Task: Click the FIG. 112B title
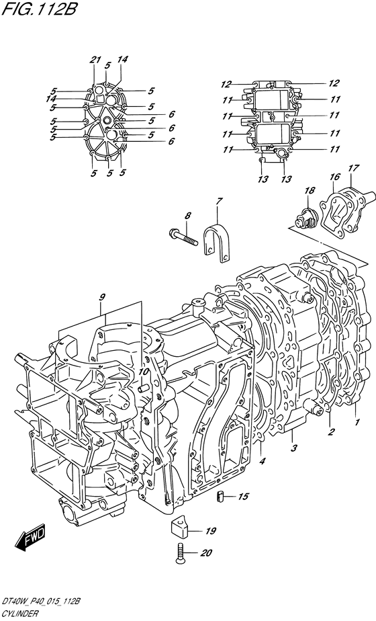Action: (39, 9)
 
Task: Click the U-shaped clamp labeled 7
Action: (216, 243)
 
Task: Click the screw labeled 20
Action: (179, 552)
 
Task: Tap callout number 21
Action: (94, 60)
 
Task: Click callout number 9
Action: (102, 296)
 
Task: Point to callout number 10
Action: (143, 372)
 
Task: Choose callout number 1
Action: (357, 422)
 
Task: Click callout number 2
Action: (331, 431)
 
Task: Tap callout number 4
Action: (263, 460)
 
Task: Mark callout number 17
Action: (353, 168)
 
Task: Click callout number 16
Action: (335, 177)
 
